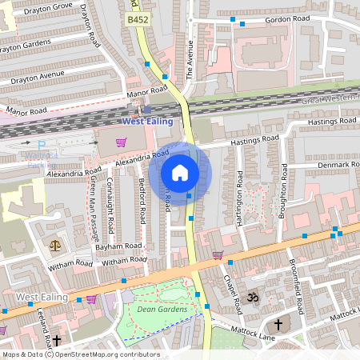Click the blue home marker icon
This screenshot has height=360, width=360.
[180, 173]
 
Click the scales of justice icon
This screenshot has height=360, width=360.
[55, 246]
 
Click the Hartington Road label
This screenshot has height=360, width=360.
[238, 204]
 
